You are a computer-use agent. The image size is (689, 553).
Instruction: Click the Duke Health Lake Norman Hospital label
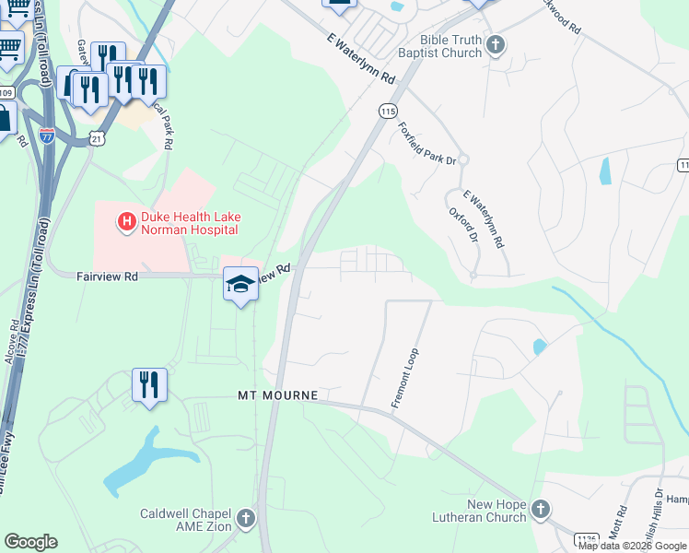coord(189,223)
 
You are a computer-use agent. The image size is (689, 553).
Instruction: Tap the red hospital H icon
coord(124,221)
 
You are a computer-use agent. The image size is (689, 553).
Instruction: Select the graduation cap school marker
coord(240,285)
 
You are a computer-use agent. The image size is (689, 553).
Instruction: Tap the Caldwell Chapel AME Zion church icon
coord(245,518)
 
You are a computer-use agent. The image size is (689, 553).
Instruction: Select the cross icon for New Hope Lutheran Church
coord(540,509)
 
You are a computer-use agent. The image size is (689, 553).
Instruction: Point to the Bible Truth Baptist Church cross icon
coord(496,45)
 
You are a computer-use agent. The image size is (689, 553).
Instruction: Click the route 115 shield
coord(388,111)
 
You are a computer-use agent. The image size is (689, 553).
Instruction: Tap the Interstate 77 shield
coord(47,136)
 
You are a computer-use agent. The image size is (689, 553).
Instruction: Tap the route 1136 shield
coord(586,538)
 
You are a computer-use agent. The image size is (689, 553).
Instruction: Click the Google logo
coord(30,542)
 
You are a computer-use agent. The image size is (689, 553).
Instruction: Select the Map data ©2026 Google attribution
coord(632,546)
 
